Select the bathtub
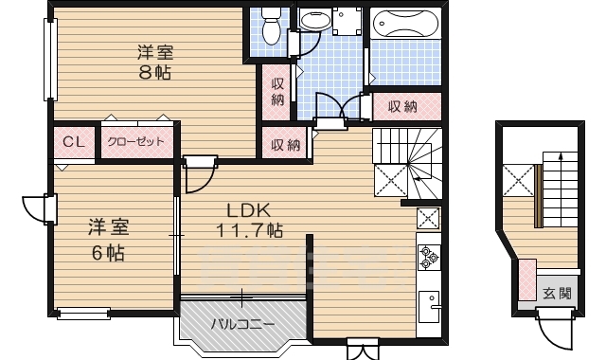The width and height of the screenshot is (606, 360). click(x=404, y=23)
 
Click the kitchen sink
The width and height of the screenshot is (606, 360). click(x=431, y=306)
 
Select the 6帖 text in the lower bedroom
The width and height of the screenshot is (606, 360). click(x=108, y=253)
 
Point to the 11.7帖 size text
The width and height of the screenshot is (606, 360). click(x=248, y=229)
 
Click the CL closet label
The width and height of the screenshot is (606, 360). click(x=74, y=142)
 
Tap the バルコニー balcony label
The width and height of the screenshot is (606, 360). click(x=242, y=324)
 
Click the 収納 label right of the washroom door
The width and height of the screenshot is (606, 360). click(x=402, y=107)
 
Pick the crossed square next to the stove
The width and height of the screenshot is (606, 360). click(x=428, y=218)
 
